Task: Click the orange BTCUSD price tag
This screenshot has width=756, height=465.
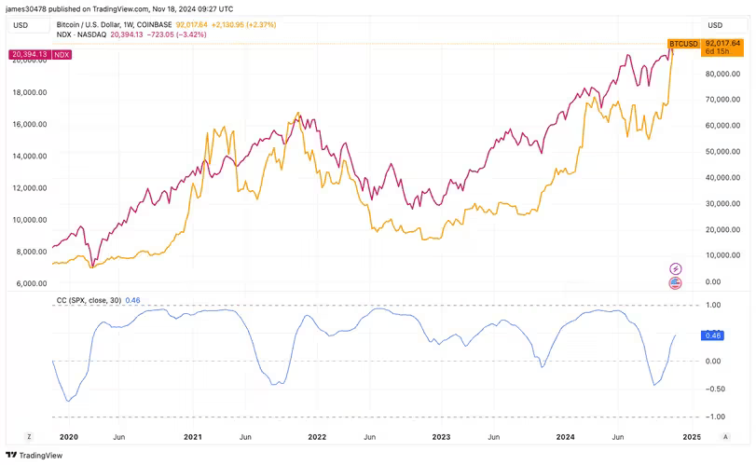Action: click(x=683, y=43)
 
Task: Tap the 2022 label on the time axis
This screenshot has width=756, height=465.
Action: click(x=317, y=436)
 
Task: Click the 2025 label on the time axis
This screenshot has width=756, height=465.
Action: click(x=692, y=436)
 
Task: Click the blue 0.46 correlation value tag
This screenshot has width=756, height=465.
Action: click(x=714, y=335)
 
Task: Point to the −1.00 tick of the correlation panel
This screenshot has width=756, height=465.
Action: click(x=714, y=417)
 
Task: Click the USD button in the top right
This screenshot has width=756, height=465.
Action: click(x=715, y=24)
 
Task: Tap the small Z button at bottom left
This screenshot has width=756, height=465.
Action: click(x=29, y=436)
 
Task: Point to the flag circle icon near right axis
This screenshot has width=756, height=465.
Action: click(x=676, y=283)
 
